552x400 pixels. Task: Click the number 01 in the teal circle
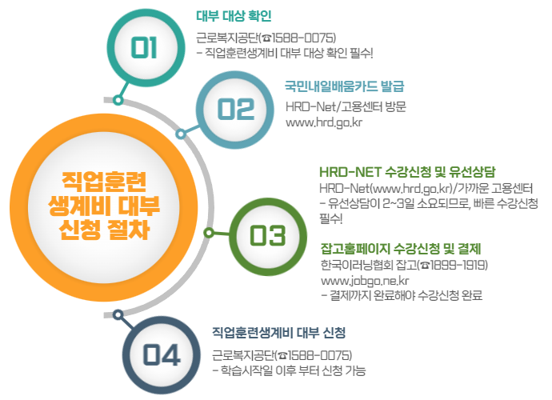[x=145, y=47]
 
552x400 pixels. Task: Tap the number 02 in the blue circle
[x=236, y=110]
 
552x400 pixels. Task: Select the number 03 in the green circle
[x=267, y=234]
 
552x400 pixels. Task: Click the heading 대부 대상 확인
[x=234, y=15]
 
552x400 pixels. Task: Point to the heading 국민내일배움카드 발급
[x=345, y=86]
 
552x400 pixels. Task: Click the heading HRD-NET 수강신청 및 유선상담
[x=407, y=172]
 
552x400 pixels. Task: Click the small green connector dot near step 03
[x=209, y=233]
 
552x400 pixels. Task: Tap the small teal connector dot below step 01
[x=118, y=100]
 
